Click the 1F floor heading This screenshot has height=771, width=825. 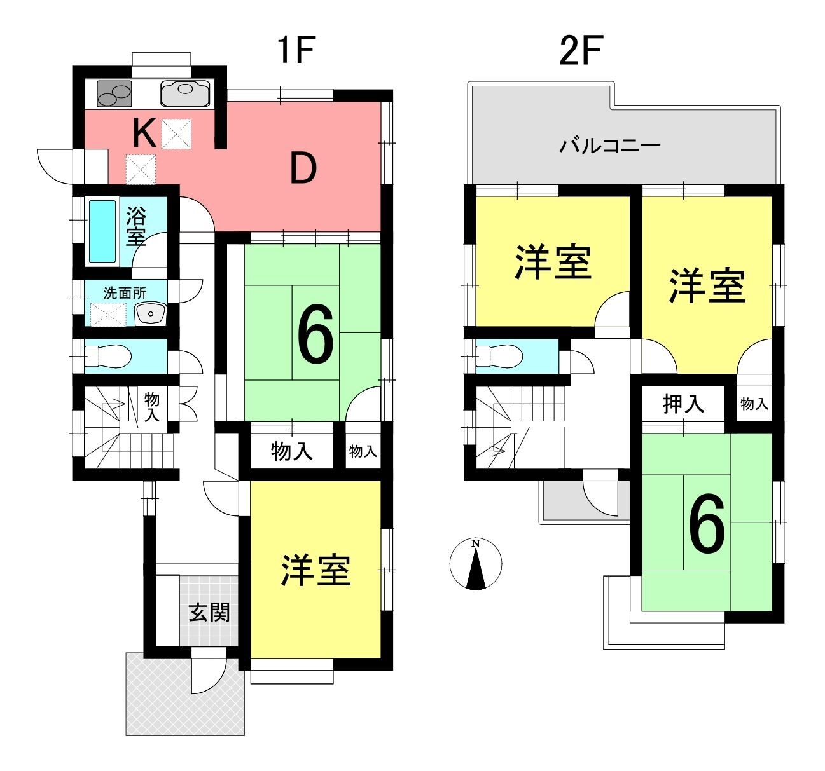coord(298,50)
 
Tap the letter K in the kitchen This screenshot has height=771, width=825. coord(144,133)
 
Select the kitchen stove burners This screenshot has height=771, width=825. coord(114,93)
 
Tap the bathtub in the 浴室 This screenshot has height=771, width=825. coord(102,231)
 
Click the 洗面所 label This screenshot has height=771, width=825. coord(125,293)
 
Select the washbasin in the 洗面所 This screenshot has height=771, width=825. coord(150,314)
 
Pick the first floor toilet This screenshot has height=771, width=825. coord(108,356)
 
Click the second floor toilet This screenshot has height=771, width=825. coord(499,356)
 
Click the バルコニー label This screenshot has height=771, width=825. coord(610,146)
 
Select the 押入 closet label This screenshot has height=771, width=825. coord(683,404)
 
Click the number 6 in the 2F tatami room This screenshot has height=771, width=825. coord(707,524)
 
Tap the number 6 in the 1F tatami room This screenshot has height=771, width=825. coord(315,334)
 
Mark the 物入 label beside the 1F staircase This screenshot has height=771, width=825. coord(151,407)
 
